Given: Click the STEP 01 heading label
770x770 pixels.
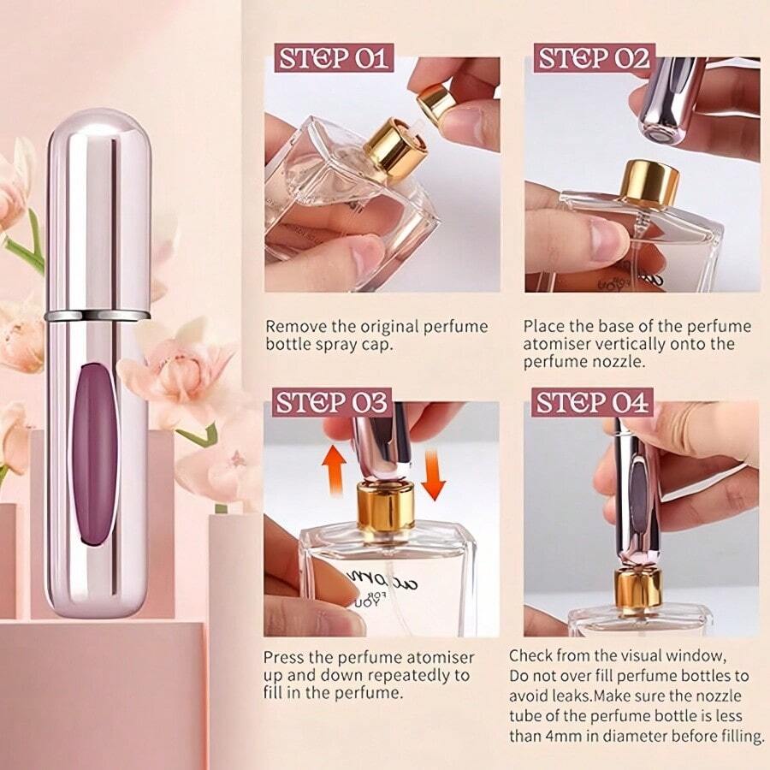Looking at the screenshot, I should point(333,58).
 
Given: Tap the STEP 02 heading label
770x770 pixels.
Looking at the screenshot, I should point(594,58).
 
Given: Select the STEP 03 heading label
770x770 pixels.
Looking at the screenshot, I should point(333,401).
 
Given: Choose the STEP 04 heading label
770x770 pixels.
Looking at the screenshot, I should point(594,401).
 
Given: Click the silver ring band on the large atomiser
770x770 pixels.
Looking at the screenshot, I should point(97,316).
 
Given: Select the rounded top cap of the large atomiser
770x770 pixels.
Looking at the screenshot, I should point(97,137).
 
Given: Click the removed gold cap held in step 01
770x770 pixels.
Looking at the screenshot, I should point(437,104).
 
